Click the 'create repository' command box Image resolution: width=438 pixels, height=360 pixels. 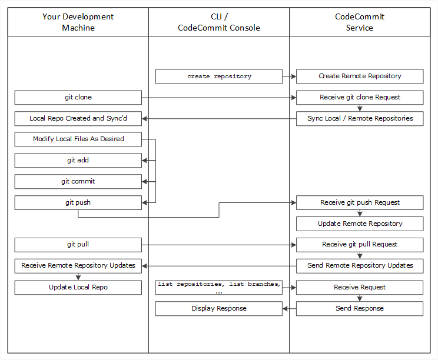point(219,76)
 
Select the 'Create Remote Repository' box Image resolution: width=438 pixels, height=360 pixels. point(360,76)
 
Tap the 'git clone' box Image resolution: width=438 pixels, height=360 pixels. point(78,98)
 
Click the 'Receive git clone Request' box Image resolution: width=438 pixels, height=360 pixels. point(360,98)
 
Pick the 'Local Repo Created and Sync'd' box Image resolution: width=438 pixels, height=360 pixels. point(78,119)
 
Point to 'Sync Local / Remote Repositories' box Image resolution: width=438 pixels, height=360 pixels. point(360,119)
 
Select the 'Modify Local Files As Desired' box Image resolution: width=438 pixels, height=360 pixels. point(78,139)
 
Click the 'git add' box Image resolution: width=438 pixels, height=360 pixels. point(78,160)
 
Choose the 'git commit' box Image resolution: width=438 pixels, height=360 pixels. point(78,181)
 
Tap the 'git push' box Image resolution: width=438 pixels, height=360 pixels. point(78,202)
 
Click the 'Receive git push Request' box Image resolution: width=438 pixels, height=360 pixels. point(360,202)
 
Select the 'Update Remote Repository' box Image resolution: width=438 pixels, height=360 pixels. point(360,224)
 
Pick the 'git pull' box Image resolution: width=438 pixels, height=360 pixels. point(78,244)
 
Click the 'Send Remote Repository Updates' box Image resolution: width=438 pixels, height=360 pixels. point(360,265)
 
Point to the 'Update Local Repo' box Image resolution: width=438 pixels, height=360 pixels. point(78,287)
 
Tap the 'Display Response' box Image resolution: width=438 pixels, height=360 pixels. point(219,308)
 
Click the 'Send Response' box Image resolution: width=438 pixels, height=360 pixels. point(360,308)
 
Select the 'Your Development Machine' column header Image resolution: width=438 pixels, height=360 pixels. point(78,22)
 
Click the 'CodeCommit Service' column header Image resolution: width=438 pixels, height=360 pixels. point(360,22)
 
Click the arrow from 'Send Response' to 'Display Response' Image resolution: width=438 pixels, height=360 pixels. point(289,308)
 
